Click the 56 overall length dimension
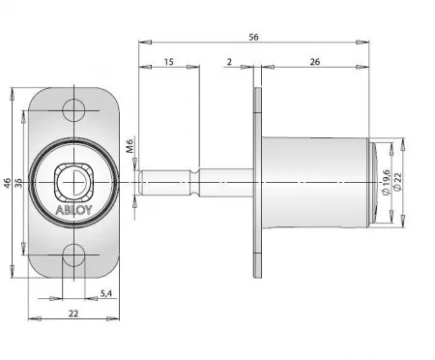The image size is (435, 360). pyautogui.click(x=253, y=37)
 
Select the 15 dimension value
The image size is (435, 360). pyautogui.click(x=168, y=62)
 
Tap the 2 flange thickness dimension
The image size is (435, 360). pyautogui.click(x=229, y=62)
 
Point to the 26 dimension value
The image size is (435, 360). pyautogui.click(x=315, y=62)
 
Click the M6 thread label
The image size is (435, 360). pyautogui.click(x=130, y=146)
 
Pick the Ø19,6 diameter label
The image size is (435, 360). pyautogui.click(x=386, y=182)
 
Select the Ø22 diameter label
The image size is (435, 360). pyautogui.click(x=397, y=182)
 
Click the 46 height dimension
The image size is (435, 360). pyautogui.click(x=7, y=183)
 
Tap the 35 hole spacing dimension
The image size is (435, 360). pyautogui.click(x=18, y=183)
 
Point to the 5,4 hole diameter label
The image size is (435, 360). pyautogui.click(x=105, y=293)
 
